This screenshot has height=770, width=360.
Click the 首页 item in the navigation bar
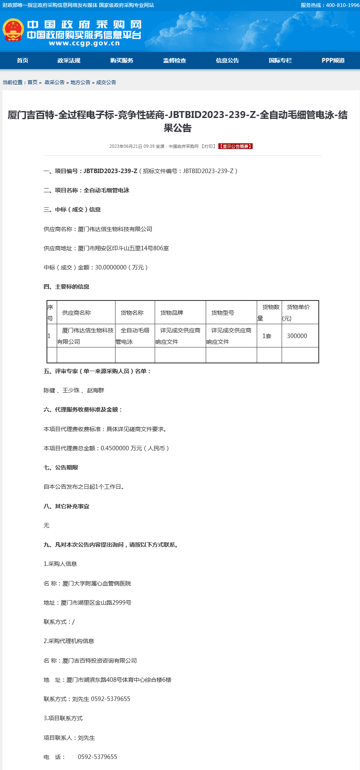22,60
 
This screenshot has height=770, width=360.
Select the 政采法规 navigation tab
69,60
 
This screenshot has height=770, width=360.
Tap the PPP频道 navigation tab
333,60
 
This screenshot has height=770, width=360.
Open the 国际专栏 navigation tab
280,60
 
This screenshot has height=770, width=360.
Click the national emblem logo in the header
13,30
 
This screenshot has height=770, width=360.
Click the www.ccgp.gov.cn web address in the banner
84,44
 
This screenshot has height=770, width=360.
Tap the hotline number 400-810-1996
342,5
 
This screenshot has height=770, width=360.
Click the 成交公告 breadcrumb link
106,82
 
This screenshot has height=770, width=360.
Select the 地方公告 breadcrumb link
80,82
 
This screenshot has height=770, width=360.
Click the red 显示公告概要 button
236,146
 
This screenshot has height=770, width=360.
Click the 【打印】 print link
208,146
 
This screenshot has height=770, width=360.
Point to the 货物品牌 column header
172,313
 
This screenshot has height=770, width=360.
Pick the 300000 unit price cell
297,336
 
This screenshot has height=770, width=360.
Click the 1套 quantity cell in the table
267,336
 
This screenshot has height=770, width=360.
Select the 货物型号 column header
223,313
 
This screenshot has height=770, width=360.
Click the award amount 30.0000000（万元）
121,267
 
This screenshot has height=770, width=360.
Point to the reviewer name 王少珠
71,390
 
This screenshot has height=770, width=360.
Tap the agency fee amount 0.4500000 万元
121,448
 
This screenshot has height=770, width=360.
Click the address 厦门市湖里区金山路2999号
96,603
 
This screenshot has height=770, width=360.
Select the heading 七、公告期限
61,467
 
